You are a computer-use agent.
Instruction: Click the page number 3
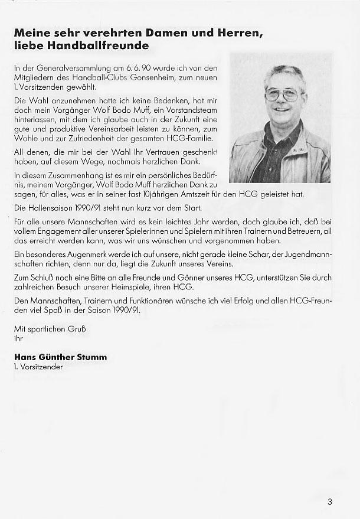(x=329, y=502)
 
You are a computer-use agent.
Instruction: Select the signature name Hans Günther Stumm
(x=61, y=357)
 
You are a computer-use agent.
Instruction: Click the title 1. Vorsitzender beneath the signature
(x=38, y=367)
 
